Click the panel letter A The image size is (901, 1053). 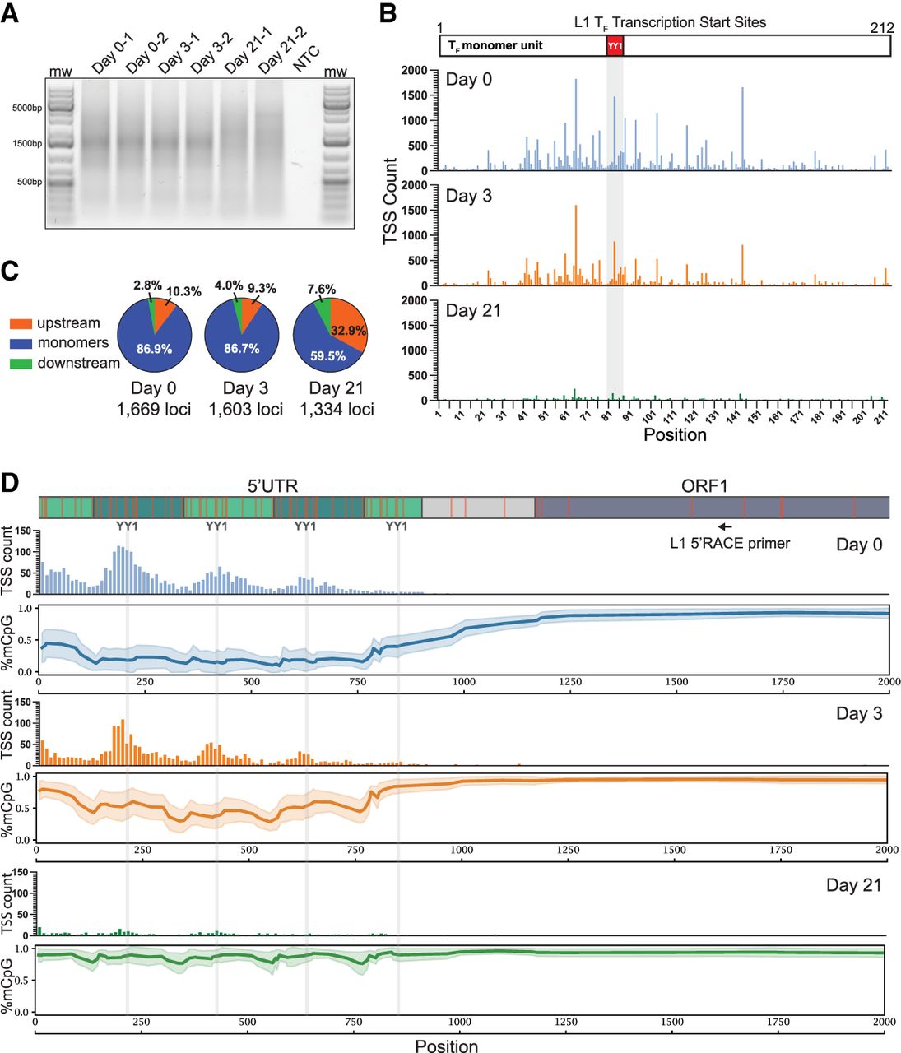pos(12,14)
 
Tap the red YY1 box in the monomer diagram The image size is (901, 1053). pos(615,46)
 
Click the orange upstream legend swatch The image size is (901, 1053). pos(21,323)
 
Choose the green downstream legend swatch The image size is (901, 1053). pos(21,363)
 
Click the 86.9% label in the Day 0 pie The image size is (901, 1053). pos(154,349)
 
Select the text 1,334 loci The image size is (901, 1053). pos(337,409)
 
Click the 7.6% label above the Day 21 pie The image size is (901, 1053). pos(322,289)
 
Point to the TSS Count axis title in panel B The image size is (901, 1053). pos(391,202)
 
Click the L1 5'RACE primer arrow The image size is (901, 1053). pos(725,526)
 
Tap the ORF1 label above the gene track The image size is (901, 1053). pos(704,486)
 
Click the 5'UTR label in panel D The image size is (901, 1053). pos(272,486)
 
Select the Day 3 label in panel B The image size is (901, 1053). pos(469,196)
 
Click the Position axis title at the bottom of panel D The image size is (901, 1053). pos(446,1046)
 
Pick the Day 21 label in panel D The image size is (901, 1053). pos(853,885)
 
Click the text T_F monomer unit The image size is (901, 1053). pos(495,45)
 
